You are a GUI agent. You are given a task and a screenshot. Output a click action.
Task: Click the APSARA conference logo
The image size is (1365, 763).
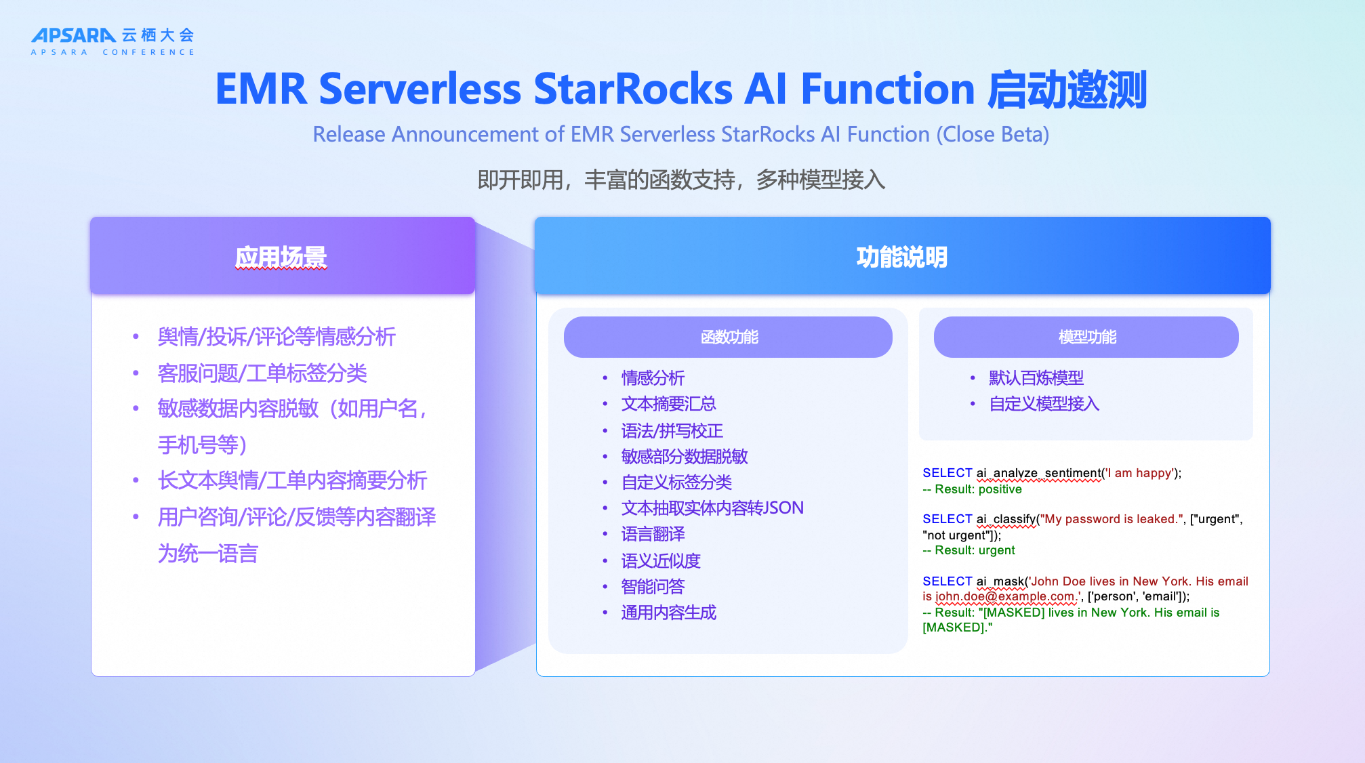click(113, 41)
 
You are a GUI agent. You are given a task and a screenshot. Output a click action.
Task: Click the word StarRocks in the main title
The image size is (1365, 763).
click(633, 89)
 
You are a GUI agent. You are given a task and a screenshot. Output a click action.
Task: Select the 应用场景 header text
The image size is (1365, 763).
click(281, 257)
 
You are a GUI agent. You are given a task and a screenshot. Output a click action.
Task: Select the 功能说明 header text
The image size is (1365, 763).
click(901, 257)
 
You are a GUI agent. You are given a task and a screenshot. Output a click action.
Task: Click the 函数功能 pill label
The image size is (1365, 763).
click(729, 337)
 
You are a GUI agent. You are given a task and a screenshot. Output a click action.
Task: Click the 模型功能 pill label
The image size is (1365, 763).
click(1087, 337)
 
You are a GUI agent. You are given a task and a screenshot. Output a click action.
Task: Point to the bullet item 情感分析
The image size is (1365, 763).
click(653, 378)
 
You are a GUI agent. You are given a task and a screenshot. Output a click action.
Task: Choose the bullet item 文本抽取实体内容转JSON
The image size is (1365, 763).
click(712, 508)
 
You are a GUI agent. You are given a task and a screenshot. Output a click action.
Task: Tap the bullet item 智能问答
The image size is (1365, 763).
click(653, 587)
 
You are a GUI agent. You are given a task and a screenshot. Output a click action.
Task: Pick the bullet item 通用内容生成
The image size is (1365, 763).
click(668, 613)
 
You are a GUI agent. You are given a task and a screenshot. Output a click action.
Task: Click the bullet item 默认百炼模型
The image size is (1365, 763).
click(1036, 378)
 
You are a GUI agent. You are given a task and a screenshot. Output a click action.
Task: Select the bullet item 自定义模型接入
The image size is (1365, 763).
click(1044, 404)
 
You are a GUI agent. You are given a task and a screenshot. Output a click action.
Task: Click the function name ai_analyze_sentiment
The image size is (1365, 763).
click(1038, 473)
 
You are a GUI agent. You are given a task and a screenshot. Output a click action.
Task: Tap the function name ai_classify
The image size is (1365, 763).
click(1006, 519)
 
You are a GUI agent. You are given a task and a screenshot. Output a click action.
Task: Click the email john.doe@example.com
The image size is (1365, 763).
click(1006, 596)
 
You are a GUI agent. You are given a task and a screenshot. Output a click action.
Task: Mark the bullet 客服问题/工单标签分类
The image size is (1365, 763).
click(262, 373)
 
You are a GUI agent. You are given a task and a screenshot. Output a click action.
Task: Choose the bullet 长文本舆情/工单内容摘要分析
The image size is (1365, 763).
click(292, 480)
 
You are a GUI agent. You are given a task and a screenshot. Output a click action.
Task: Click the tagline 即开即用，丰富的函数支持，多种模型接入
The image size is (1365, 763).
click(681, 180)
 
